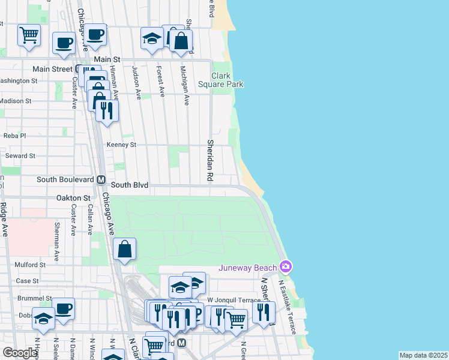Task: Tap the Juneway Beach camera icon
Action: pos(286,266)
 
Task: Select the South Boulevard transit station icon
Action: pos(101,179)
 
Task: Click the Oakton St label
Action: pos(73,197)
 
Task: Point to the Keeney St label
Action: pos(121,145)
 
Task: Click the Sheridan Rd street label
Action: pos(211,161)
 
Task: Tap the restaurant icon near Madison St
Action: pos(107,110)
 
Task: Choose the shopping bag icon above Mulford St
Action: pos(124,249)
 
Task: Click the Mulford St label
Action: pos(30,264)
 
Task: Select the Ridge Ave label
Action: pos(4,220)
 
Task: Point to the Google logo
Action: pos(20,353)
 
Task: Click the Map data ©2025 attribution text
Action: pos(423,355)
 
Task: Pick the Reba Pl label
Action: pos(16,136)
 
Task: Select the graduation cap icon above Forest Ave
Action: pos(152,39)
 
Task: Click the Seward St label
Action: pos(20,155)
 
